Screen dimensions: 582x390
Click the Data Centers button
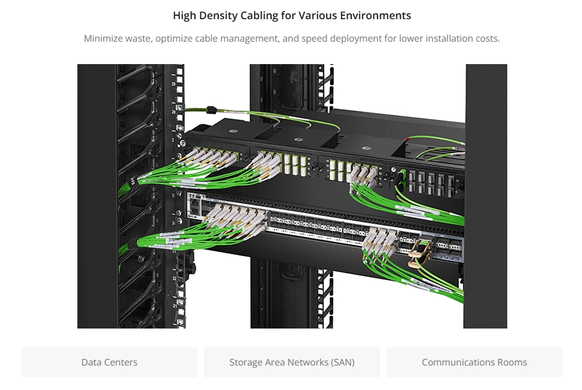(x=110, y=362)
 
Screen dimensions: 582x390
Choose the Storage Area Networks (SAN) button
(x=292, y=362)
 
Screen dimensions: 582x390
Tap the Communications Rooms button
(x=474, y=362)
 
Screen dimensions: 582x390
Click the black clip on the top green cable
(x=211, y=110)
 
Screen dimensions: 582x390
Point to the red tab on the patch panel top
(x=407, y=139)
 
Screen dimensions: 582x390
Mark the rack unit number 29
(x=173, y=84)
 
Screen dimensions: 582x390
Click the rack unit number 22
(x=175, y=278)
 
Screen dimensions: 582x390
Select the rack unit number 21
(x=175, y=307)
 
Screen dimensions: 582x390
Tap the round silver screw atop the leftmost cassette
(x=233, y=131)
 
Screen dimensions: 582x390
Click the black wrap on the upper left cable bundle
(x=133, y=182)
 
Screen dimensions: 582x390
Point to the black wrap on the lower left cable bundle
(x=132, y=245)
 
